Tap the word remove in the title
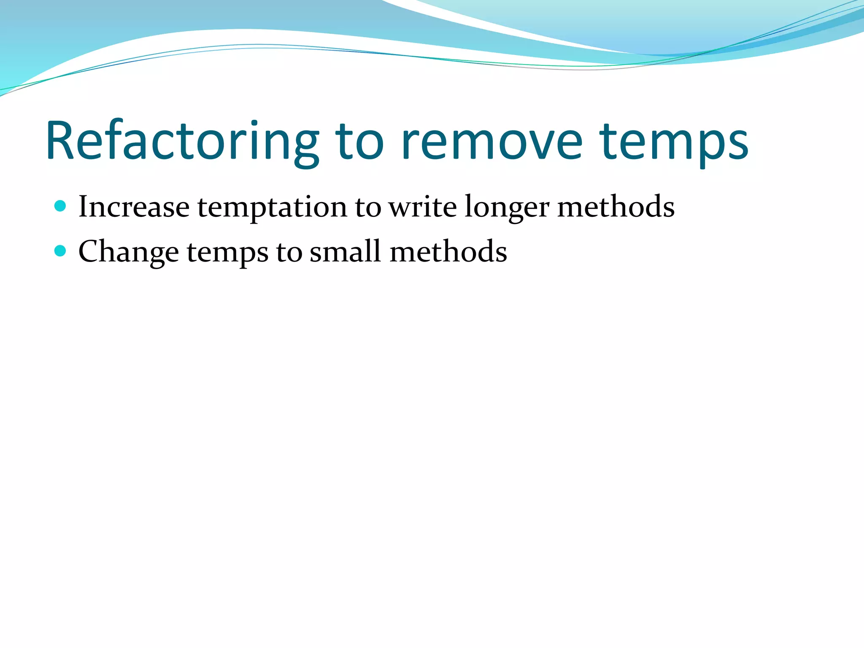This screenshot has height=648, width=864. pos(492,141)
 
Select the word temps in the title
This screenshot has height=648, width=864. pos(674,143)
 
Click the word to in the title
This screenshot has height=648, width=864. pos(359,141)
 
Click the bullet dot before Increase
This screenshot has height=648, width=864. pos(61,206)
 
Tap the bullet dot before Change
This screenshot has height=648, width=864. pos(61,251)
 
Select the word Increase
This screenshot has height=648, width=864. pos(134,207)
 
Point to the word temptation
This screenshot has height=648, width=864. pos(272,208)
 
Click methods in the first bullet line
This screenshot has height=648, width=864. pos(616,207)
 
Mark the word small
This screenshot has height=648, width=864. pos(345,252)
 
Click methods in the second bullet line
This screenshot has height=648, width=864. pos(448,252)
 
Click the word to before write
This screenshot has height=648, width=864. pos(368,208)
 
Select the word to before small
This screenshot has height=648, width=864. pos(289,253)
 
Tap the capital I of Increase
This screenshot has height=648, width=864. pos(83,207)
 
